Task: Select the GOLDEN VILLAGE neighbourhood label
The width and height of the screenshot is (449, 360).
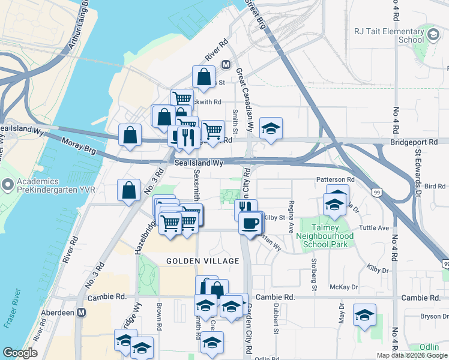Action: pos(202,261)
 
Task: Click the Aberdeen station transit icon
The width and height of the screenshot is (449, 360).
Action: pos(82,313)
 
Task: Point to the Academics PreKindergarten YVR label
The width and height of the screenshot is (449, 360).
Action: pos(37,186)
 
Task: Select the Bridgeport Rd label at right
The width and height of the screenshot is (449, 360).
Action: pos(415,141)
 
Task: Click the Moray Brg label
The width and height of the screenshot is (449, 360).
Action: pos(78,144)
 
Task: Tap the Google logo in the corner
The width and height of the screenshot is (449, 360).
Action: pos(20,353)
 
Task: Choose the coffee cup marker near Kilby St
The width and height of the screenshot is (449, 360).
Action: pos(250,223)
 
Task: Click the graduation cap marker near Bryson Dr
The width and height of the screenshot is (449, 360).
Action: pos(364,315)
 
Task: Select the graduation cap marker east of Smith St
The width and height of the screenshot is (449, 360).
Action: pos(271,128)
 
